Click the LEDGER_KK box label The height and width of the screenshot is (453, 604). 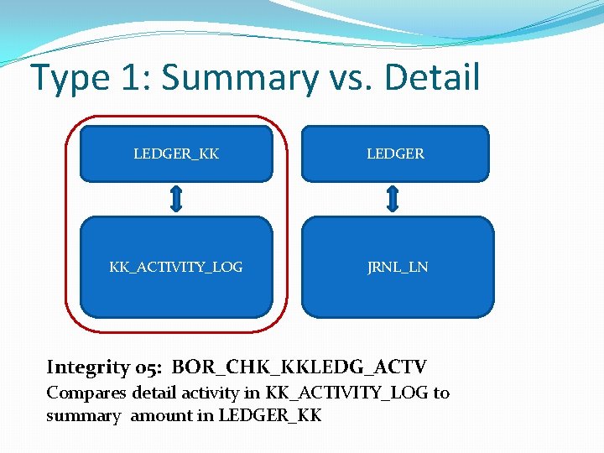click(x=176, y=154)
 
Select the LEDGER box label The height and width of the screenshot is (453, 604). click(x=395, y=154)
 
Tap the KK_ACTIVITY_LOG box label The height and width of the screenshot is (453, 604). click(x=176, y=267)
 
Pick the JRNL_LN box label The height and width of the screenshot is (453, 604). click(x=398, y=267)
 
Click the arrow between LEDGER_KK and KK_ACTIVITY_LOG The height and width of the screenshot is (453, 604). click(x=176, y=199)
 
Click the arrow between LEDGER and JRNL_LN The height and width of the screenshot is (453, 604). click(x=393, y=199)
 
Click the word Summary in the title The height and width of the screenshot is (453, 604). click(x=240, y=78)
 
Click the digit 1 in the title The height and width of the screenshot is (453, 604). click(x=131, y=78)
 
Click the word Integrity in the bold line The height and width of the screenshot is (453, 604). click(x=86, y=367)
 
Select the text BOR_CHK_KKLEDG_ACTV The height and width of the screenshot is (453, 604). click(x=299, y=367)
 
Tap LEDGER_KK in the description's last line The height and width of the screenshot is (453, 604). click(x=269, y=415)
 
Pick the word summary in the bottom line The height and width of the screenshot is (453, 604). click(x=83, y=415)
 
